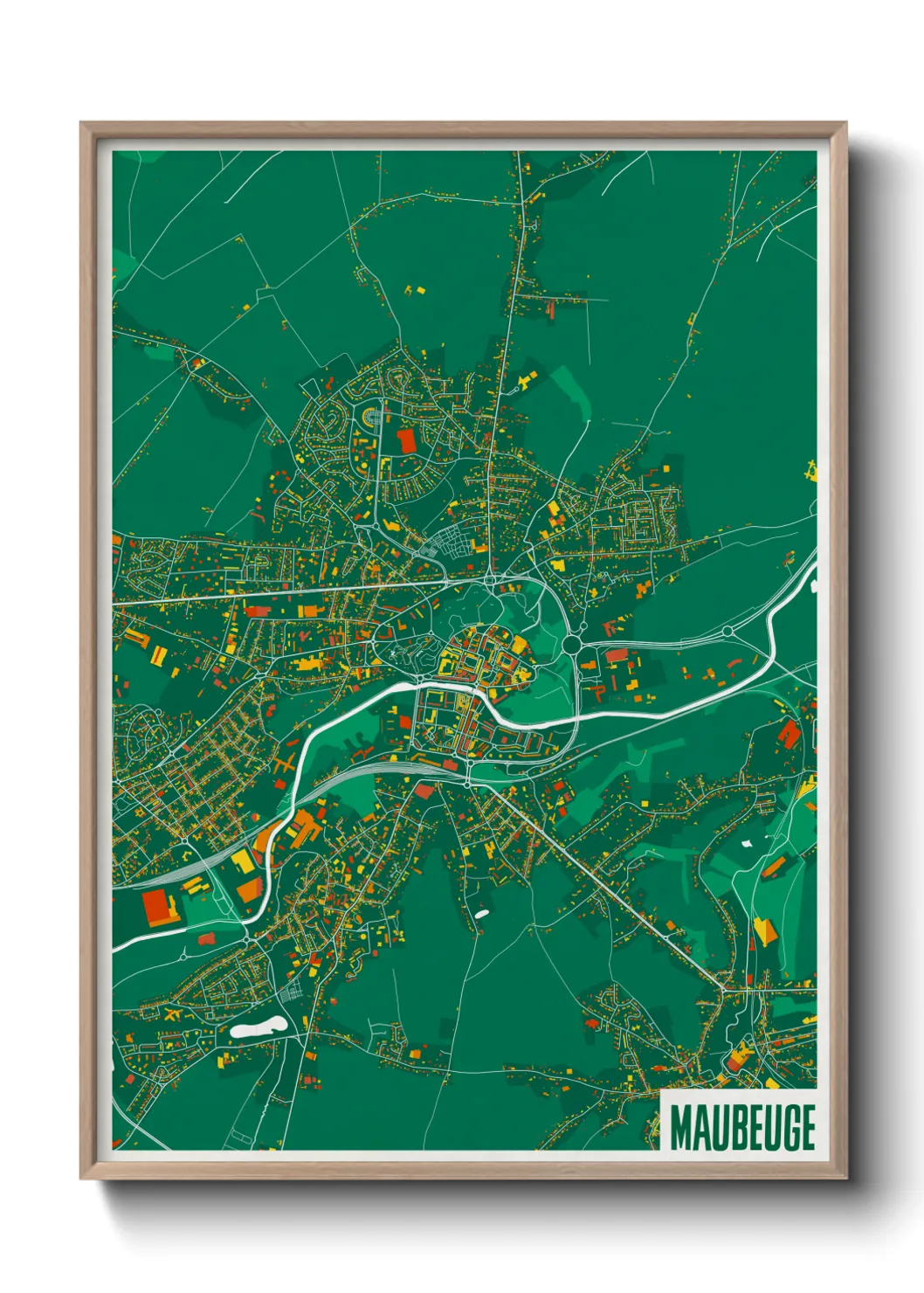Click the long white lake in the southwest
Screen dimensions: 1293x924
coord(259,1027)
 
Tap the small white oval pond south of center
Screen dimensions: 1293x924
coord(481,915)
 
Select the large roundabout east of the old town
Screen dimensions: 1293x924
coord(572,645)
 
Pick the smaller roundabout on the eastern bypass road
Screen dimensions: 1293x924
coord(727,630)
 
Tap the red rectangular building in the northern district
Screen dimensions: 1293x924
coord(406,440)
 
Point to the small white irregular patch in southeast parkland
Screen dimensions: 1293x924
coord(748,844)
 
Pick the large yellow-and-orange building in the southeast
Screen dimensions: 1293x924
coord(764,931)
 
